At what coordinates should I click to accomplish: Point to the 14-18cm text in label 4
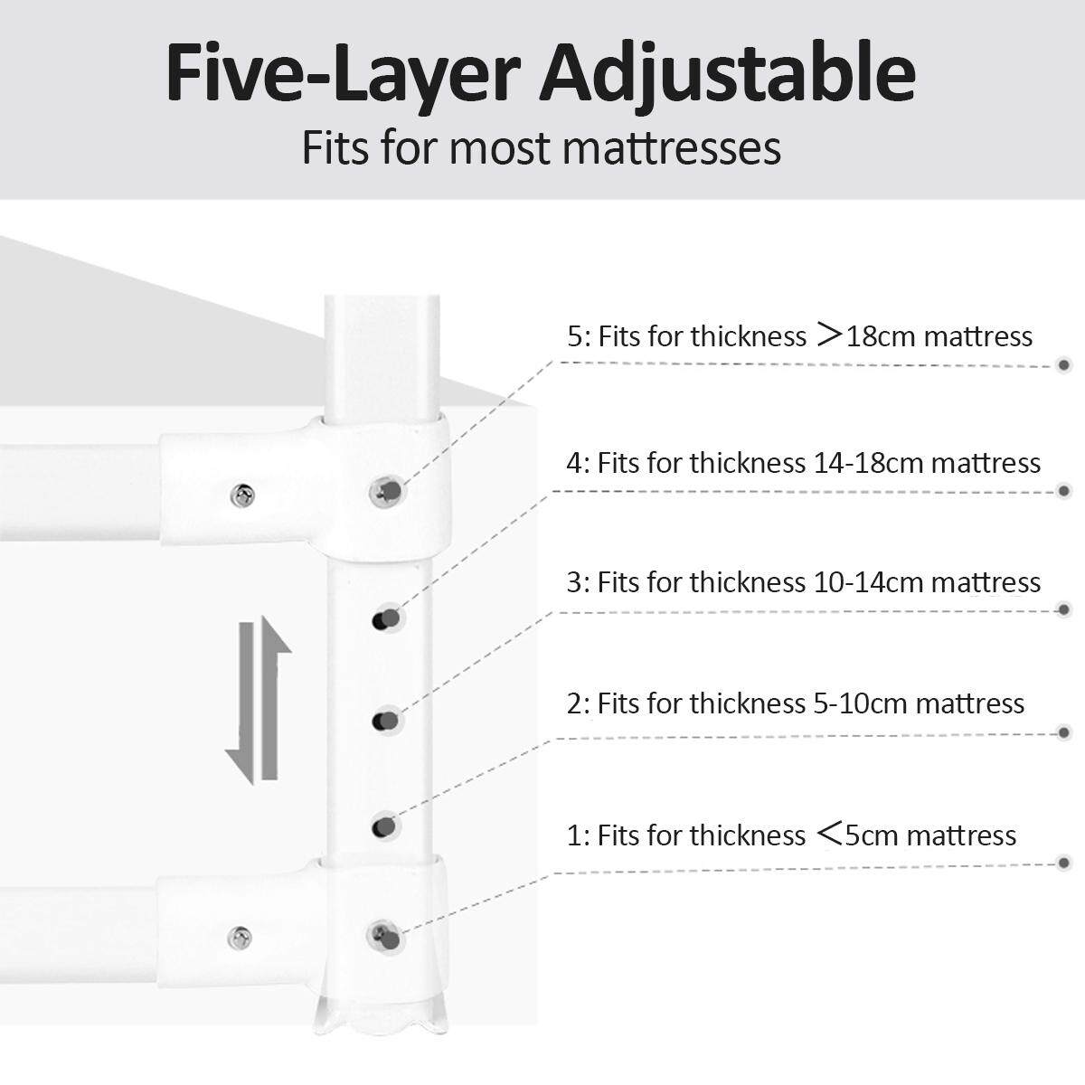(x=868, y=464)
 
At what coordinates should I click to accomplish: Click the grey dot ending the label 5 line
(x=1063, y=365)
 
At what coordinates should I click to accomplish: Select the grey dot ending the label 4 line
(x=1063, y=491)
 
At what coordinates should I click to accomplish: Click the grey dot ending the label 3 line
(x=1063, y=609)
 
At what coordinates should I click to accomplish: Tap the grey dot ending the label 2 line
(x=1063, y=732)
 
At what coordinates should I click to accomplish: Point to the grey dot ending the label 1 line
(x=1063, y=863)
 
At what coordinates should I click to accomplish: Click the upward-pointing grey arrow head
(x=276, y=636)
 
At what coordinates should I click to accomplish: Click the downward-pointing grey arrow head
(x=241, y=767)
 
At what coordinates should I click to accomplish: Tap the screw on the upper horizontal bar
(x=242, y=495)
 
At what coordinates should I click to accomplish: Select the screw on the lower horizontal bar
(x=240, y=938)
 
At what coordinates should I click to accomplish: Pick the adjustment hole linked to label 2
(x=386, y=826)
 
